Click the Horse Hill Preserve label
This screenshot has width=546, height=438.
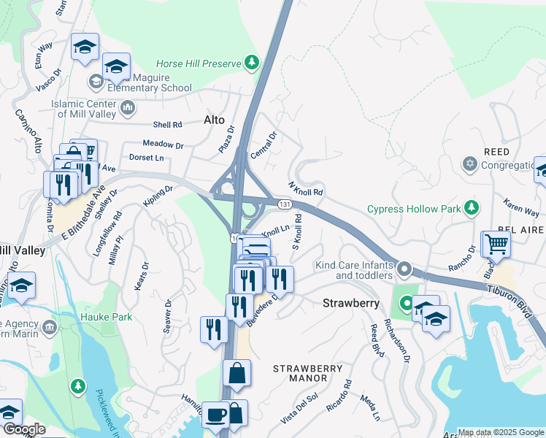coord(199,64)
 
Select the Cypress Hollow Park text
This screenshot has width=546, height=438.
coord(414,209)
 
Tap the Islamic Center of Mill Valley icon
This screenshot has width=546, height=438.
coord(128,109)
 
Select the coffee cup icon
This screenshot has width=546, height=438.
coord(215,415)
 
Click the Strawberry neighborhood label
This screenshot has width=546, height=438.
coord(348,301)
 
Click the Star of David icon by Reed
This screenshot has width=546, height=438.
coord(470,165)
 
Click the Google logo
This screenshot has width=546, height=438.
coord(23,429)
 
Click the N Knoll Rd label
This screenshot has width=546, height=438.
coord(306,189)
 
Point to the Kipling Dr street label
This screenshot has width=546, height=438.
coord(158,196)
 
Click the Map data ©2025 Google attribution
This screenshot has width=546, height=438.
coord(501,432)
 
